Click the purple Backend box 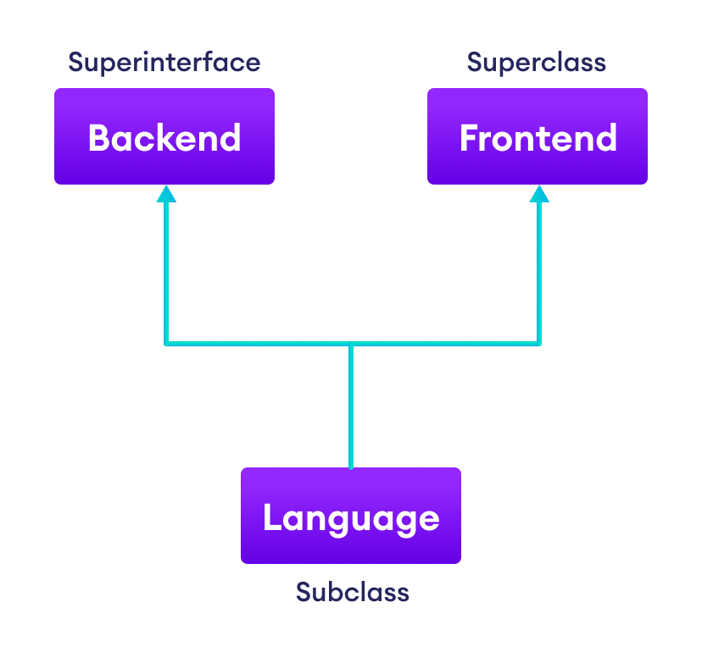click(x=164, y=136)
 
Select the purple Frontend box click(x=538, y=136)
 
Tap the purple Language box click(x=351, y=516)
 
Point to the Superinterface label click(x=164, y=63)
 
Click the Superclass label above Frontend click(x=537, y=63)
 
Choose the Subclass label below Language click(x=352, y=592)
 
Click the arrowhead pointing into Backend click(x=166, y=194)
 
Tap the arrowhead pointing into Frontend click(x=539, y=194)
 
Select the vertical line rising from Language click(x=351, y=406)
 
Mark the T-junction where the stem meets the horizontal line click(x=351, y=344)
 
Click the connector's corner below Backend click(x=166, y=344)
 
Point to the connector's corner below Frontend click(x=539, y=344)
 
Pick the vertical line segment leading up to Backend click(x=166, y=271)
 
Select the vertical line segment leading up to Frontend click(x=539, y=271)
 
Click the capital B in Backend click(x=98, y=138)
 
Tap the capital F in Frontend click(x=469, y=138)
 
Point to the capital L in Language click(x=272, y=517)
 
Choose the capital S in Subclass click(x=304, y=592)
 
